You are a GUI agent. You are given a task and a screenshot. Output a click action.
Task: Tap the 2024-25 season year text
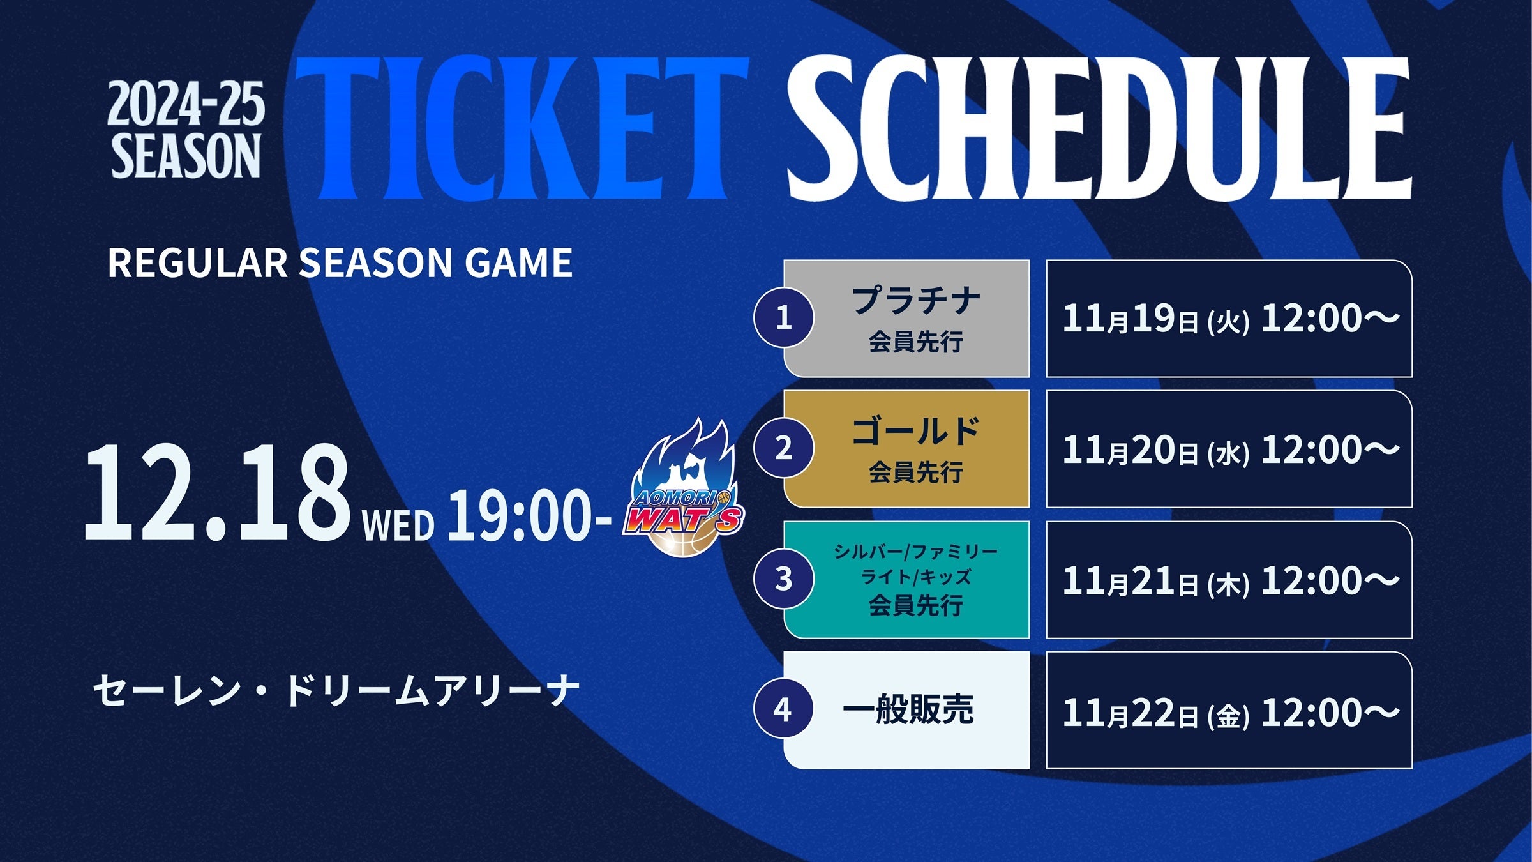(x=186, y=104)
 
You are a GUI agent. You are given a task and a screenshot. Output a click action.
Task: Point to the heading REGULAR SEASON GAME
(x=340, y=262)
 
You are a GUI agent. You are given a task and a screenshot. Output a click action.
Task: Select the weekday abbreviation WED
(x=398, y=525)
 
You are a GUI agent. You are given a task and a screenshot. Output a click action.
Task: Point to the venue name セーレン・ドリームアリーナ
(x=336, y=691)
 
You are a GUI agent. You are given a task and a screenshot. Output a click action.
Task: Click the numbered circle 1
(x=784, y=317)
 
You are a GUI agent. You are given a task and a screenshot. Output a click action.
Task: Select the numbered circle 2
(x=784, y=448)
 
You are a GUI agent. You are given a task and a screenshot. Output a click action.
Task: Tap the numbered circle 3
(x=784, y=578)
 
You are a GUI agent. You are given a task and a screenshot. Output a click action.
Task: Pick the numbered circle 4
(x=784, y=709)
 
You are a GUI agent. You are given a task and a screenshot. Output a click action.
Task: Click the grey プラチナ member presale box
(x=906, y=318)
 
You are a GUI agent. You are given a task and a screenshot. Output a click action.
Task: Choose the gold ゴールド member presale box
(x=906, y=449)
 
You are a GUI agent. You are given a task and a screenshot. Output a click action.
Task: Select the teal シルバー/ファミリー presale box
(x=906, y=580)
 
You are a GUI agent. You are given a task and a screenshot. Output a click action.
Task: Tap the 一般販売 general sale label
(x=908, y=709)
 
